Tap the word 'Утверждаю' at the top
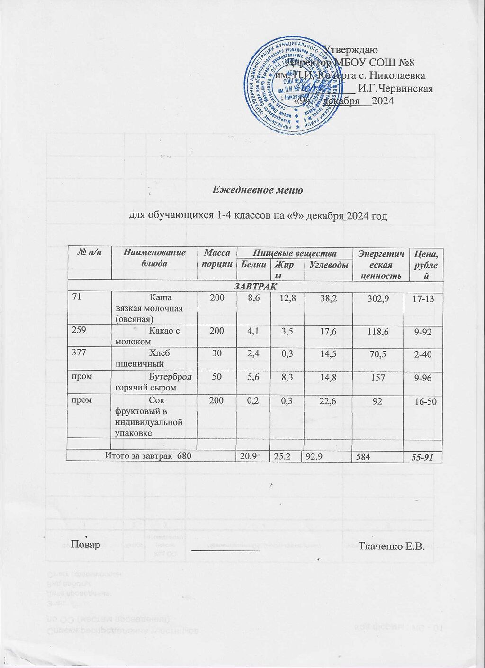click(350, 49)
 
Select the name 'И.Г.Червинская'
click(395, 88)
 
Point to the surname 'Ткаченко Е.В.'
click(390, 546)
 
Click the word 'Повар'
click(85, 544)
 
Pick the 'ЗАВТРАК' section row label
click(254, 287)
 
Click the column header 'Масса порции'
click(216, 259)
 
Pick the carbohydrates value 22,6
click(328, 401)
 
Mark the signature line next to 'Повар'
click(225, 549)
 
